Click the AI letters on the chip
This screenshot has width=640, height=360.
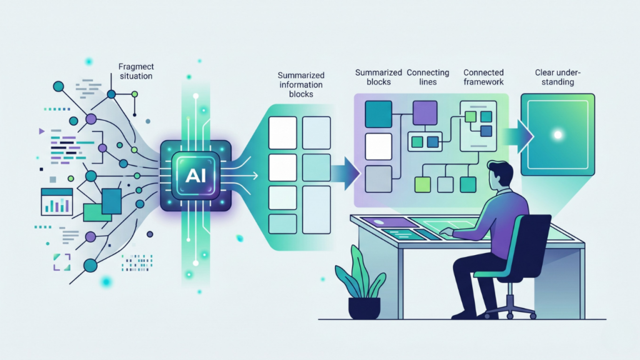tap(196, 176)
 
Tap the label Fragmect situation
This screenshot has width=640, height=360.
tap(136, 71)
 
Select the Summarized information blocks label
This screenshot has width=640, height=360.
tap(301, 84)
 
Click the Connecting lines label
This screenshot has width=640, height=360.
tap(427, 77)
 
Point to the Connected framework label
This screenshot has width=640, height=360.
tap(483, 77)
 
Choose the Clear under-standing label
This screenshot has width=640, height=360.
tap(557, 77)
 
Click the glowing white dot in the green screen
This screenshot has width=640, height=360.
tap(557, 135)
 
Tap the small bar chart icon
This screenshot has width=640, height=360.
tap(57, 202)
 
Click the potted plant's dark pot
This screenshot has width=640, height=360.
tap(364, 308)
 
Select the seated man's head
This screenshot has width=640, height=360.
tap(500, 176)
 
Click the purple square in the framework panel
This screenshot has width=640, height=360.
tap(425, 112)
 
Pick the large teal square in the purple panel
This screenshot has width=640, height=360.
tap(378, 114)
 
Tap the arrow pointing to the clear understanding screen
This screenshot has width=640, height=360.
tap(517, 136)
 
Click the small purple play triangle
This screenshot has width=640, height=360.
tap(42, 131)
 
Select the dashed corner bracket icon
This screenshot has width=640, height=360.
tap(62, 262)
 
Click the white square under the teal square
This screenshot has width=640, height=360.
tap(378, 146)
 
